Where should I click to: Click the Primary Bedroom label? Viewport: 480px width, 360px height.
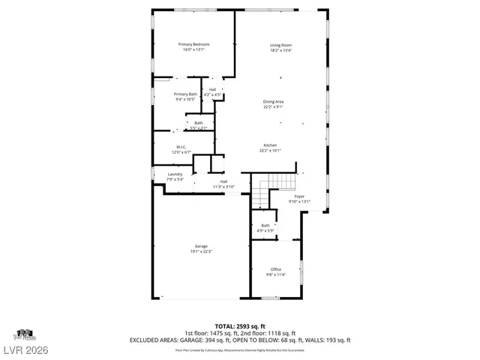(193, 45)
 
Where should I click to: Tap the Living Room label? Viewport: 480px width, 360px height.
(281, 45)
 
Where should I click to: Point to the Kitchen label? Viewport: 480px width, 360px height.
(270, 145)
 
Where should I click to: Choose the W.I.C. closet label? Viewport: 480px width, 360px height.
(181, 147)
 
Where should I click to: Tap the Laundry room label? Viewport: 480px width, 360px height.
(174, 174)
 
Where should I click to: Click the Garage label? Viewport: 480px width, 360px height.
(201, 246)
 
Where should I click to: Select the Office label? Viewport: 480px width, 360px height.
(276, 269)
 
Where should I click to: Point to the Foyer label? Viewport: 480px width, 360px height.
(299, 196)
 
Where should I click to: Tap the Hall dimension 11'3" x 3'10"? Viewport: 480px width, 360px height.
(223, 186)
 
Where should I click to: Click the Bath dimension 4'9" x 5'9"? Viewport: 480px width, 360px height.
(265, 230)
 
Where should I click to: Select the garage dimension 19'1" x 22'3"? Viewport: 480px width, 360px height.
(201, 251)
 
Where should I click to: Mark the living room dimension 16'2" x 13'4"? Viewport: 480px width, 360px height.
(281, 51)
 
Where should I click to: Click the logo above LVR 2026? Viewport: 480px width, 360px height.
(24, 333)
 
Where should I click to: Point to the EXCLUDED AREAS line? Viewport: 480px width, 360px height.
(240, 340)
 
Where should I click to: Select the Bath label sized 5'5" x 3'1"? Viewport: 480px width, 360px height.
(199, 123)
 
